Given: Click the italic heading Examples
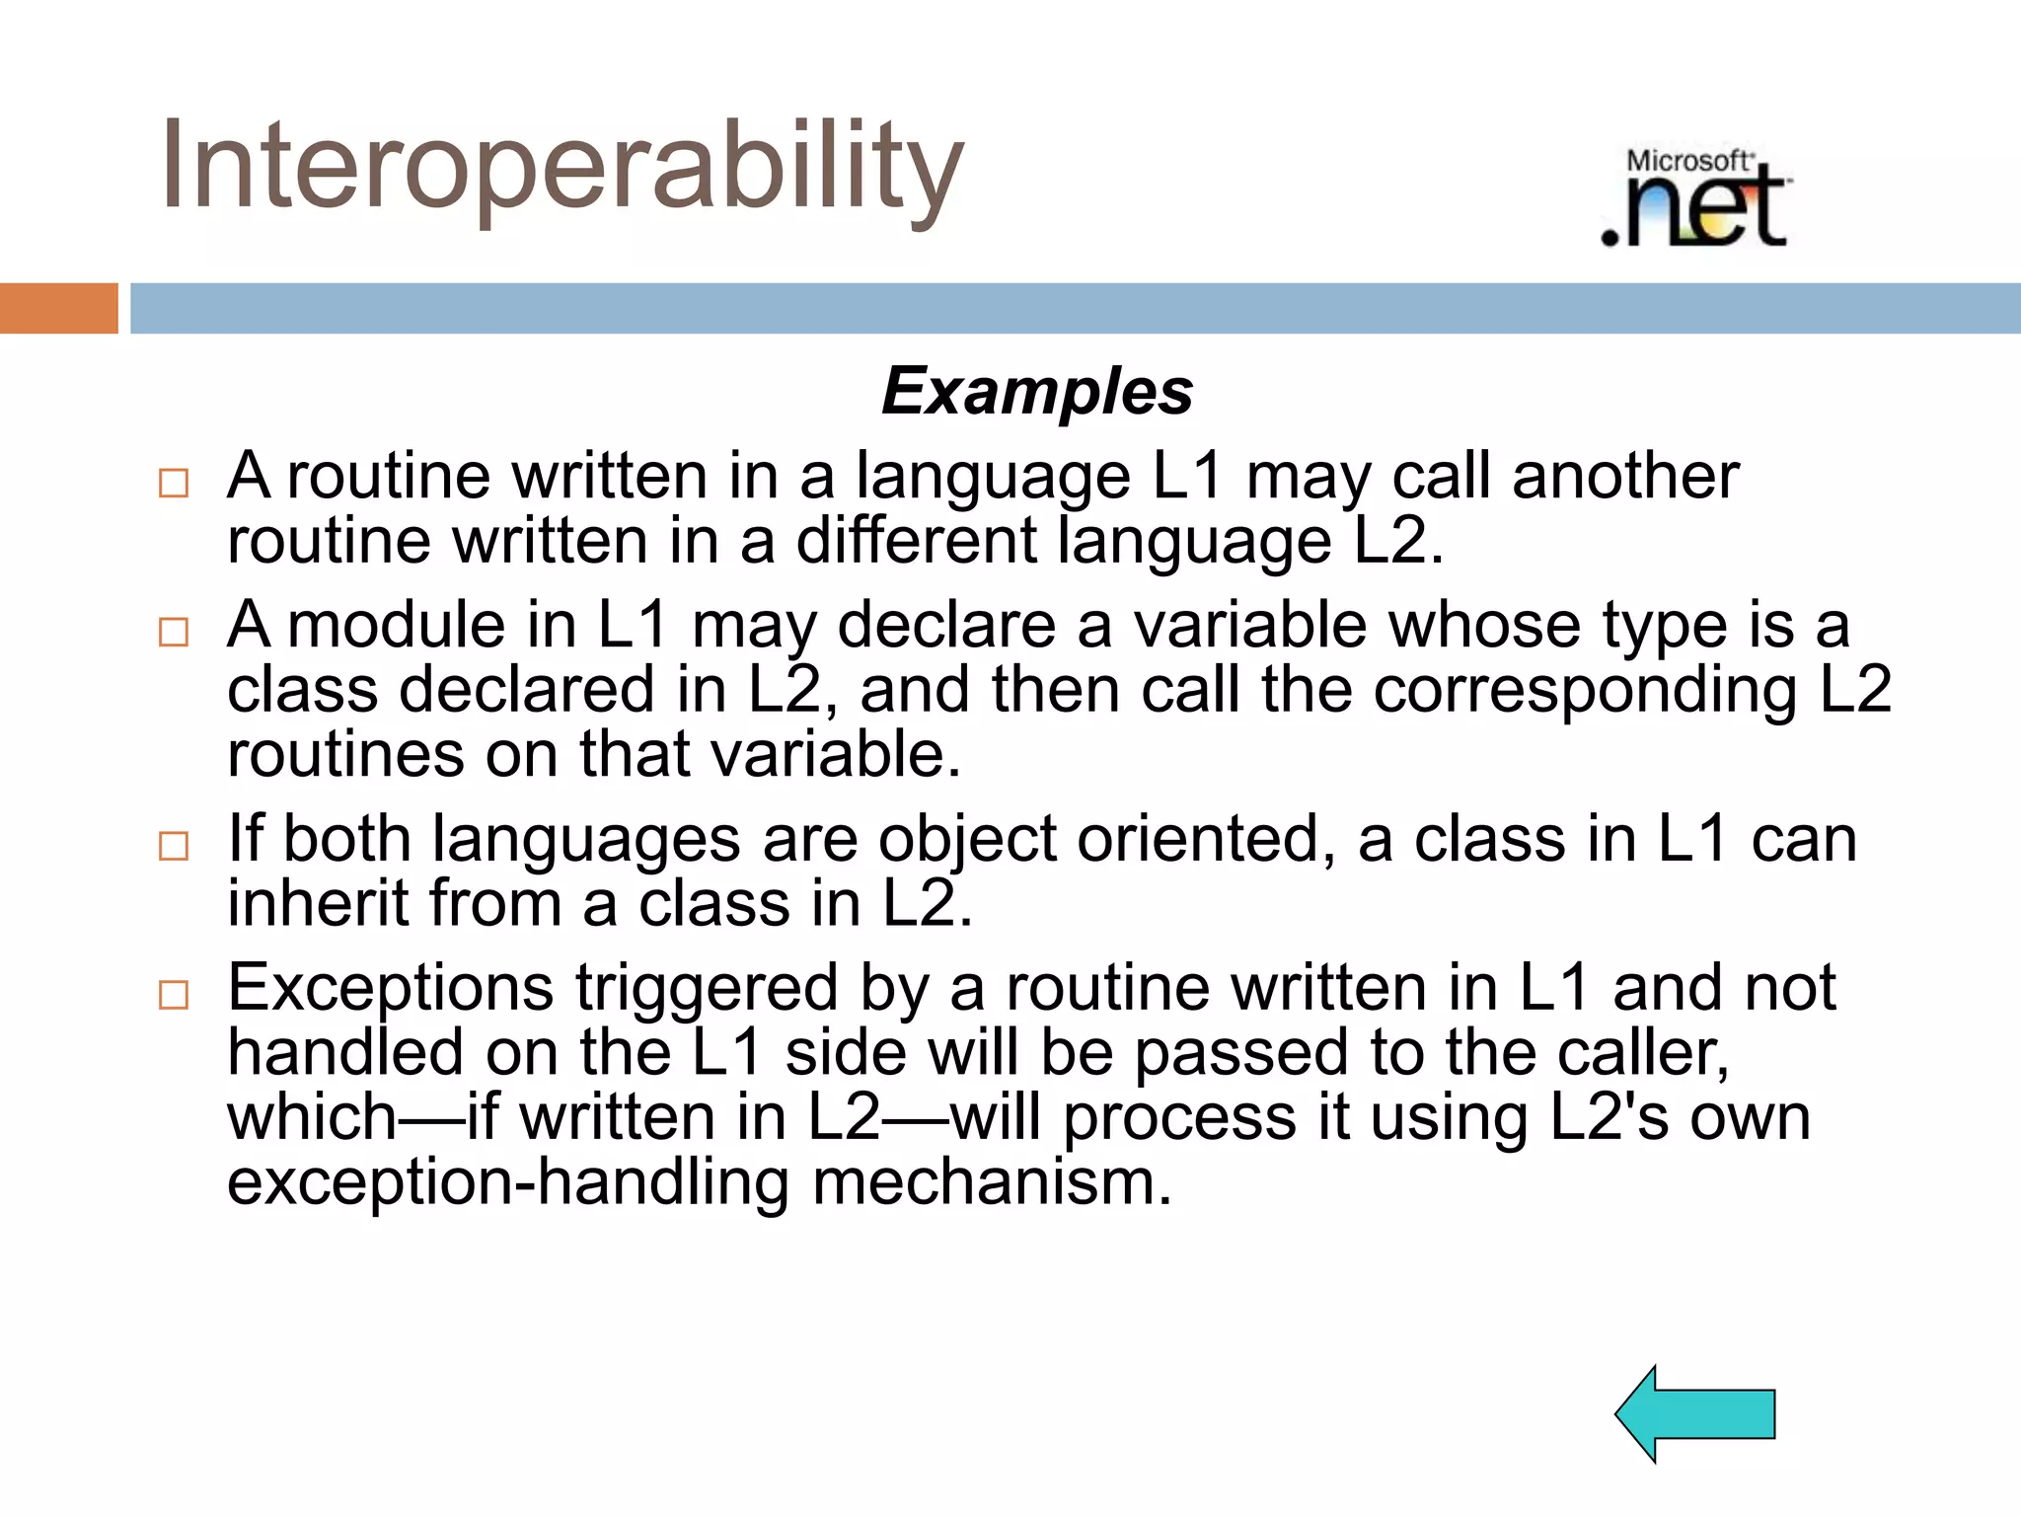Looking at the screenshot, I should (x=1036, y=391).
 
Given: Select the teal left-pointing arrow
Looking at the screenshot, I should (x=1695, y=1413).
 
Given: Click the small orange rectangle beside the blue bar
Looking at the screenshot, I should (x=58, y=308).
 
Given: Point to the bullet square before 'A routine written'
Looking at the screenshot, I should (x=174, y=484).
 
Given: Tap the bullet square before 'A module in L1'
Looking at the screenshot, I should (x=174, y=632).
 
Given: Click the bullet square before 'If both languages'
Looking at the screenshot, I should (x=174, y=846).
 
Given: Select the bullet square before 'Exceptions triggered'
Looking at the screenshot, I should (x=174, y=994).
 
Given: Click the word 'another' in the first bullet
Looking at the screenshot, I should (x=1625, y=477).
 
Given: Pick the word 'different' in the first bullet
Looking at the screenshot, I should (x=916, y=542).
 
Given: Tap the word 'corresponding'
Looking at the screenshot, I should (x=1585, y=691).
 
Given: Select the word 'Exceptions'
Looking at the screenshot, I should (x=391, y=989).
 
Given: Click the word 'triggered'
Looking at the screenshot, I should (x=707, y=989).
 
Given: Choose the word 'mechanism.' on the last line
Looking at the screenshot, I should (x=992, y=1182).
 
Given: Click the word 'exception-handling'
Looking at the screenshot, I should (x=508, y=1182).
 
